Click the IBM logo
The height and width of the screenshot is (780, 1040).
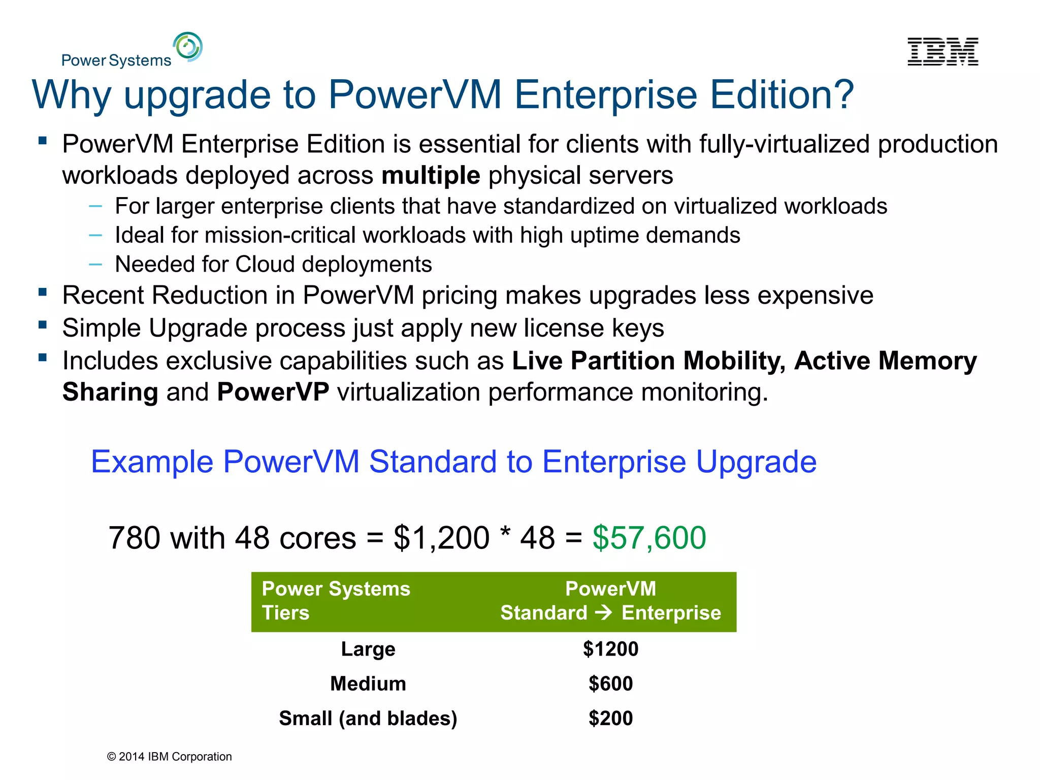(942, 52)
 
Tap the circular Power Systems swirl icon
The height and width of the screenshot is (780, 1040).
(188, 47)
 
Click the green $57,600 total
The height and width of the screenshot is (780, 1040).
(649, 538)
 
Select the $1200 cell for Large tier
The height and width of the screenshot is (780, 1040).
(610, 649)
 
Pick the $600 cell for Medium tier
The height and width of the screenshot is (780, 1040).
(610, 684)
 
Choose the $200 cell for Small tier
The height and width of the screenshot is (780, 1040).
(610, 718)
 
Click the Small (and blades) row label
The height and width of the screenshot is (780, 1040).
(368, 718)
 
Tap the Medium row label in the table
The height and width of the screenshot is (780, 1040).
(368, 684)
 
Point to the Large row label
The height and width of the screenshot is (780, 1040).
(368, 649)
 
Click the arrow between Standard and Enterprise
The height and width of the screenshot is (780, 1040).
(604, 612)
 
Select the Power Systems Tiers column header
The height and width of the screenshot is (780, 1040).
(336, 601)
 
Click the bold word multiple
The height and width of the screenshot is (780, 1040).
(431, 176)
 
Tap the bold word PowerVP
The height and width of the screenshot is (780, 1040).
(273, 392)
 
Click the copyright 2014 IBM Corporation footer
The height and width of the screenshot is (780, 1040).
(169, 757)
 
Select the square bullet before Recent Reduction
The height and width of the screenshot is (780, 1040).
(43, 292)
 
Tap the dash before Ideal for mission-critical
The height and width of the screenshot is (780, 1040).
(95, 235)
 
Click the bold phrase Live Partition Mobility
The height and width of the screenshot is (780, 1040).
(648, 361)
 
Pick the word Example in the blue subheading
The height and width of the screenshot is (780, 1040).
(151, 462)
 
